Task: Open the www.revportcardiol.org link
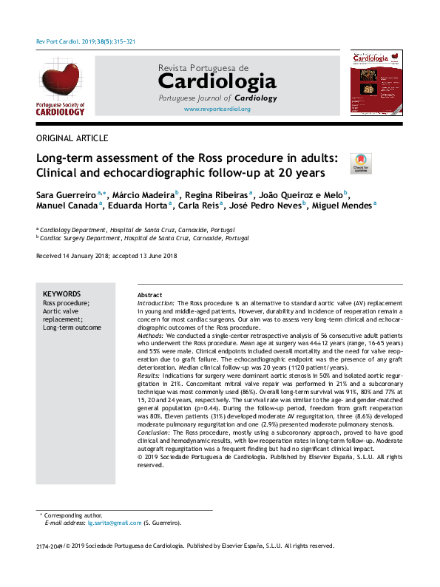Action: tap(217, 109)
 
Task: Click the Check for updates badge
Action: tap(360, 163)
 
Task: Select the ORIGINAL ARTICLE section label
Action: tap(72, 138)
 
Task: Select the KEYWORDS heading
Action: tap(62, 293)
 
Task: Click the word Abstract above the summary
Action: tap(150, 294)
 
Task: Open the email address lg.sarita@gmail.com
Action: tap(114, 523)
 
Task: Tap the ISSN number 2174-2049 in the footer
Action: tap(47, 546)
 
